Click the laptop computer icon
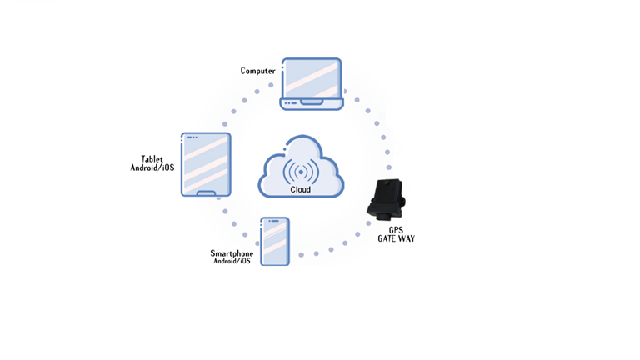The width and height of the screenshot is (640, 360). (x=312, y=84)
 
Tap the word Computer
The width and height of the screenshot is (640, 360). (x=258, y=71)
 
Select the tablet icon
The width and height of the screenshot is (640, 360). (x=206, y=164)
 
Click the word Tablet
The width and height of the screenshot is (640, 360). (x=152, y=159)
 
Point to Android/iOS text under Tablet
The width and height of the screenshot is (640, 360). (x=152, y=167)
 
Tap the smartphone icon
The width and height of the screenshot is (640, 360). (x=275, y=242)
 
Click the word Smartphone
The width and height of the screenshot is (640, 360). (x=232, y=253)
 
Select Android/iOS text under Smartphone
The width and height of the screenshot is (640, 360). (x=232, y=261)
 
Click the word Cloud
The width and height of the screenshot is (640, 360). (x=300, y=189)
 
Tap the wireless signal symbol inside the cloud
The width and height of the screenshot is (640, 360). (x=301, y=172)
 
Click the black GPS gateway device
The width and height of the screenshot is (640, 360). (x=386, y=199)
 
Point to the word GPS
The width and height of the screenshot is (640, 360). (x=396, y=230)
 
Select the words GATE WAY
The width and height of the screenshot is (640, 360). (x=397, y=238)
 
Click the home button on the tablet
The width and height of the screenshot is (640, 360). (x=206, y=193)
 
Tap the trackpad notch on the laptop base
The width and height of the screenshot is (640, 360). (x=312, y=102)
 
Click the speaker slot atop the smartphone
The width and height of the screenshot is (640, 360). (x=275, y=221)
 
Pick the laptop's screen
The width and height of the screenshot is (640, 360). (x=312, y=79)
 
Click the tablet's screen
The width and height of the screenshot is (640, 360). (x=206, y=164)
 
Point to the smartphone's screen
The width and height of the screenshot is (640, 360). (x=275, y=242)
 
